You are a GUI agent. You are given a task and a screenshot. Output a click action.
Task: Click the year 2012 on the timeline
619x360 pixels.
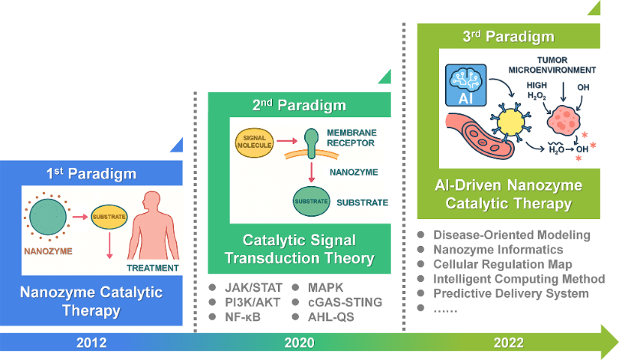(x=91, y=342)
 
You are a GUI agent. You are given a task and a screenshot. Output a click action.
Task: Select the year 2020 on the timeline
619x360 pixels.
(x=300, y=342)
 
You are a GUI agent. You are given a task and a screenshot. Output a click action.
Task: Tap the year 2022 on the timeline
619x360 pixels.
(x=508, y=342)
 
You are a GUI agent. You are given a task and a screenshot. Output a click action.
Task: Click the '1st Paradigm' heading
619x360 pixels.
(x=91, y=173)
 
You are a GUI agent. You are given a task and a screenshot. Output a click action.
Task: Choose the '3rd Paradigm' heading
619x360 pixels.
(x=509, y=36)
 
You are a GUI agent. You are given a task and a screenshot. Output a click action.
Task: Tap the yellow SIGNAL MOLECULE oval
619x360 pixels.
(x=254, y=142)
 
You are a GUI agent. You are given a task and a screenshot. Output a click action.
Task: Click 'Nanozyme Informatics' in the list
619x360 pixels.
(x=498, y=249)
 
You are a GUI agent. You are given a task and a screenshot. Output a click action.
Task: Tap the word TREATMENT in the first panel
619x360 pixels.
(x=152, y=268)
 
